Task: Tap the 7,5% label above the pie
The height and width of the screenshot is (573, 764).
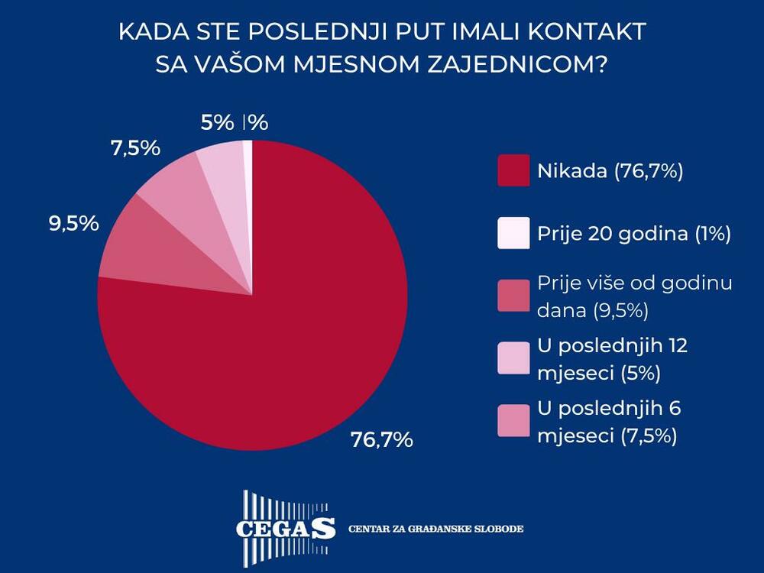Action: pos(135,148)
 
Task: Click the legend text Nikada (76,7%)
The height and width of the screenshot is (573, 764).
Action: pos(610,171)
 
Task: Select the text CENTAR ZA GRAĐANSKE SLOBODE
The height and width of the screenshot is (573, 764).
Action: pos(436,529)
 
